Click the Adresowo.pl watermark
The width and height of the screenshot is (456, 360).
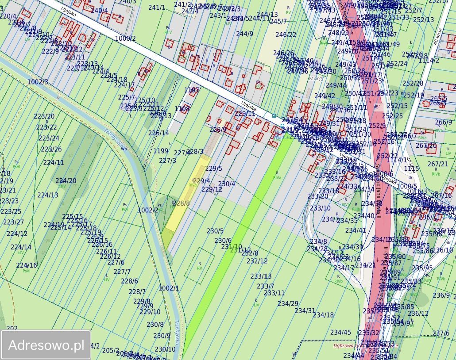click(46, 345)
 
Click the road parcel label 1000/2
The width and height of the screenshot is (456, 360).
click(125, 38)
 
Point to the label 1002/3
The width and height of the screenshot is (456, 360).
click(38, 82)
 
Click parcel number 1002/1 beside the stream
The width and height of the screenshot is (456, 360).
click(169, 288)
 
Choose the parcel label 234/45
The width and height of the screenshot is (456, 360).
click(340, 333)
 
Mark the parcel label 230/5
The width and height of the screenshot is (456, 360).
click(215, 231)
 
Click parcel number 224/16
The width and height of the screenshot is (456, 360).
click(27, 265)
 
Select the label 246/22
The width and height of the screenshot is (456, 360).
click(286, 35)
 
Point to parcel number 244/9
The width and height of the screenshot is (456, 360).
click(244, 34)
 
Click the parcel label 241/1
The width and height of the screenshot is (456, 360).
click(157, 8)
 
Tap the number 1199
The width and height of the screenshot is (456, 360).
click(161, 151)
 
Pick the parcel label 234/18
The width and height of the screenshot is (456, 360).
click(323, 315)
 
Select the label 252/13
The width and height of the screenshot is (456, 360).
click(424, 20)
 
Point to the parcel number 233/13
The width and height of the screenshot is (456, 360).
click(261, 276)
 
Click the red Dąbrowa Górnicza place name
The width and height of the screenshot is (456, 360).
click(372, 346)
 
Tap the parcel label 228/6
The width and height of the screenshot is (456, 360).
click(129, 281)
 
